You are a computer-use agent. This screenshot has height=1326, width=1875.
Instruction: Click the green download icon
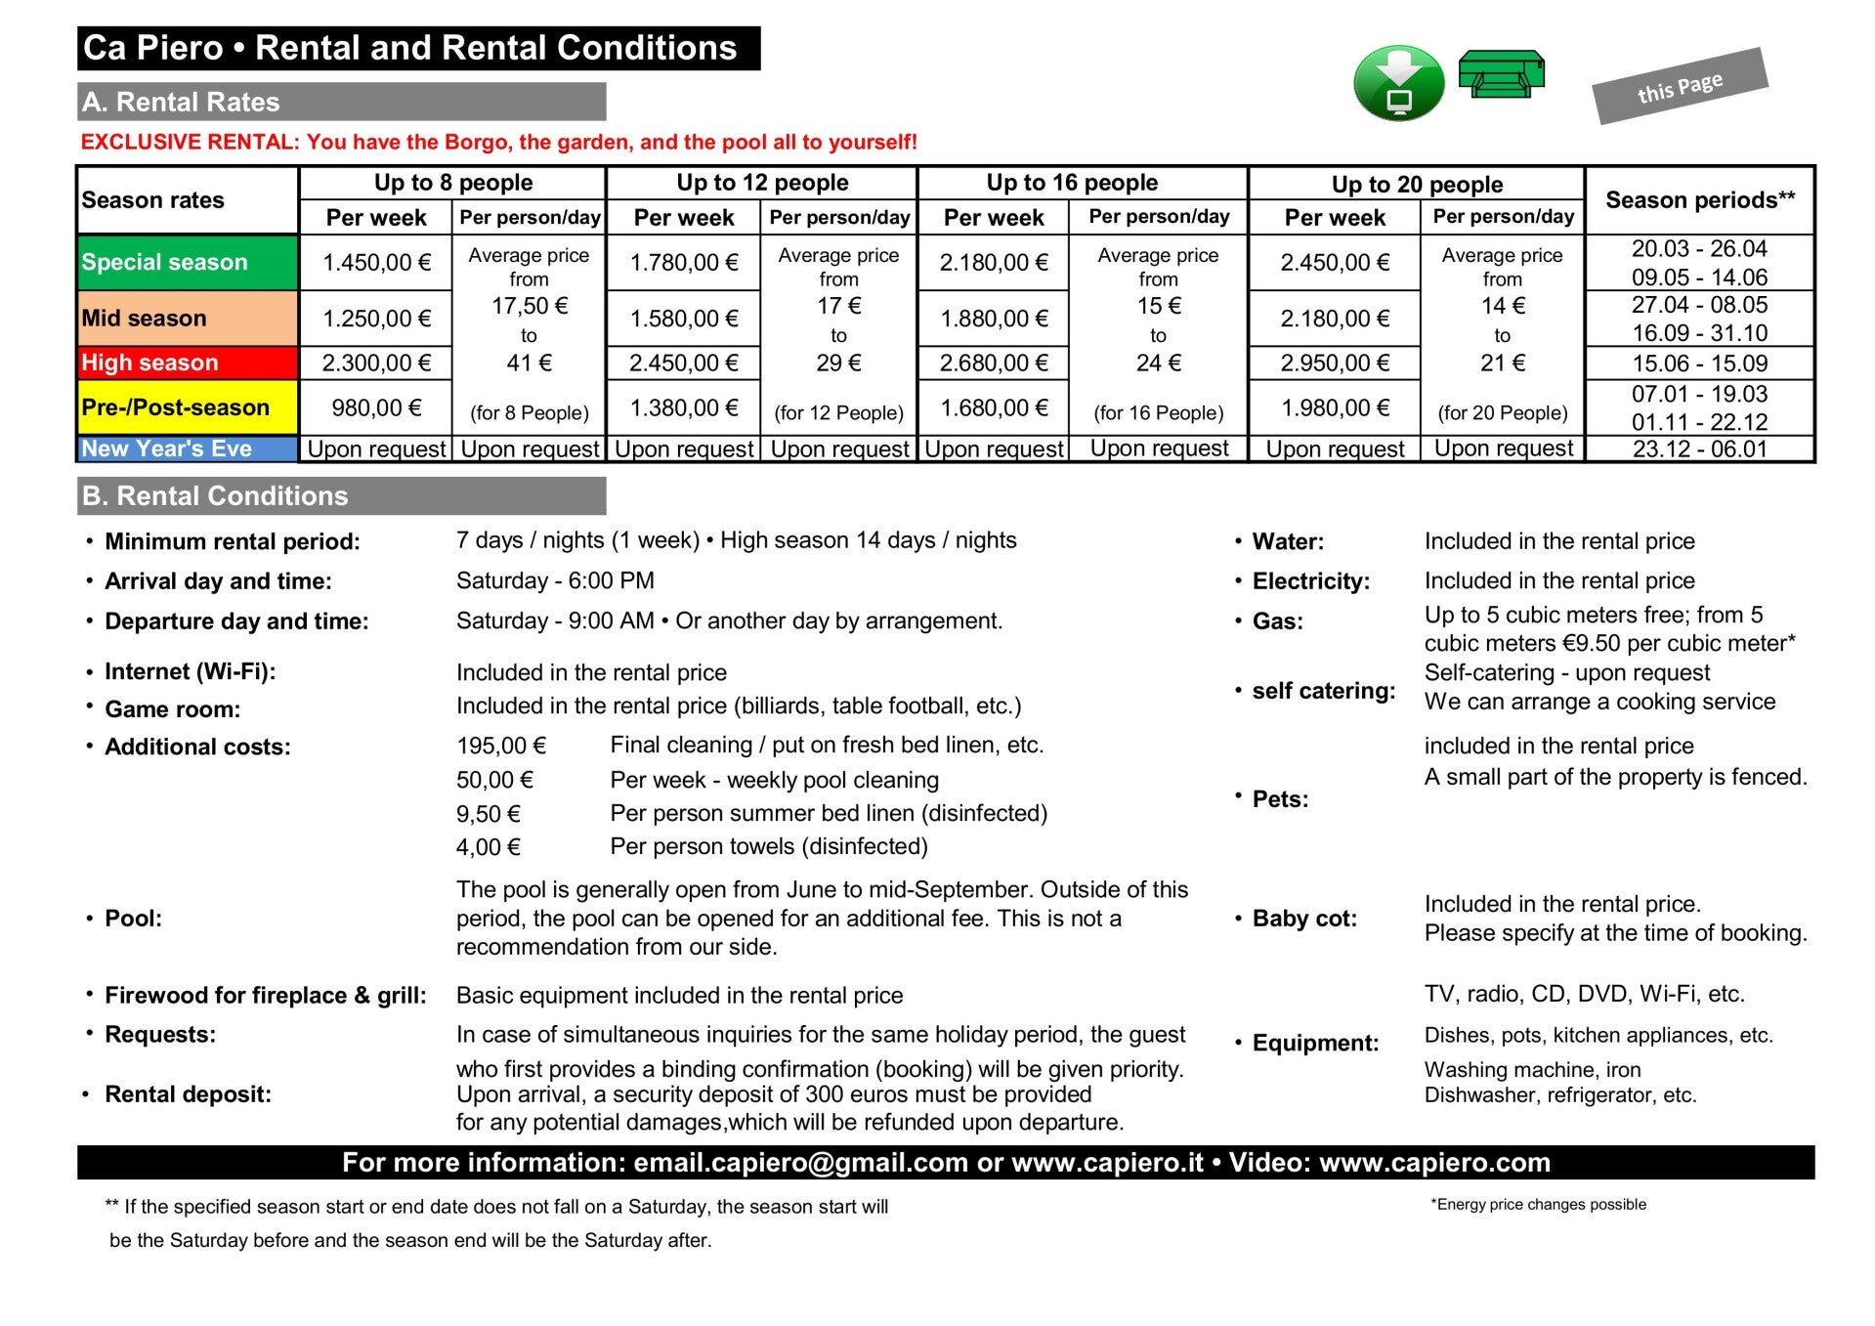click(1398, 83)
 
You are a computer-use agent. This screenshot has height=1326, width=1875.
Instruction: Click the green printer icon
click(1501, 75)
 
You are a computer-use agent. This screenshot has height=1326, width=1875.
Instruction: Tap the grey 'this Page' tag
click(1680, 87)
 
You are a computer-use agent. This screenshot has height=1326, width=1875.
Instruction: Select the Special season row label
click(187, 262)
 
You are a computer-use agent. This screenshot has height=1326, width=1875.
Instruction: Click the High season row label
click(187, 363)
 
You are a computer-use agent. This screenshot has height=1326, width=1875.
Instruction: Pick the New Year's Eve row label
click(187, 449)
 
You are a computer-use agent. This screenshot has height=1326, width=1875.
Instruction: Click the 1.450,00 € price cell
click(376, 262)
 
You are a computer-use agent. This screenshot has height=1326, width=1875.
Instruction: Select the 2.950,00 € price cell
click(1335, 364)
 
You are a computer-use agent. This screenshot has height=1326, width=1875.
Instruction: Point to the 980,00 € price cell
click(376, 407)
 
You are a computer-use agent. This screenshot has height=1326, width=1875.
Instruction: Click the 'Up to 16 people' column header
click(1072, 183)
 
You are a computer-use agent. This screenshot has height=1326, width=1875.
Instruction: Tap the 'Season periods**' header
click(1700, 200)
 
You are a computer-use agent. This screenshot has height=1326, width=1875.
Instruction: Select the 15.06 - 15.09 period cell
click(1700, 364)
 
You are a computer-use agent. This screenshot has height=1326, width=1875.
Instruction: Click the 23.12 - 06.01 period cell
click(1700, 449)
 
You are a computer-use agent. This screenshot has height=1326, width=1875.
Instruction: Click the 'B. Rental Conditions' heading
click(215, 496)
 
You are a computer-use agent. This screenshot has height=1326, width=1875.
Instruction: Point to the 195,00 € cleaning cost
click(501, 746)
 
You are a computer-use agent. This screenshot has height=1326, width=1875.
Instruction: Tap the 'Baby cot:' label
click(1304, 919)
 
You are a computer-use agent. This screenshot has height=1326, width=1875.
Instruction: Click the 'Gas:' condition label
click(1277, 621)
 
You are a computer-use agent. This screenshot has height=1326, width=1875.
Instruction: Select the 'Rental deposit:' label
click(188, 1094)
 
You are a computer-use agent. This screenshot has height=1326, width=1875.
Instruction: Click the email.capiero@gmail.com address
click(800, 1163)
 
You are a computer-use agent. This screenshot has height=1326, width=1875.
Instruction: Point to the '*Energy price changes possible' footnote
click(1538, 1205)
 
